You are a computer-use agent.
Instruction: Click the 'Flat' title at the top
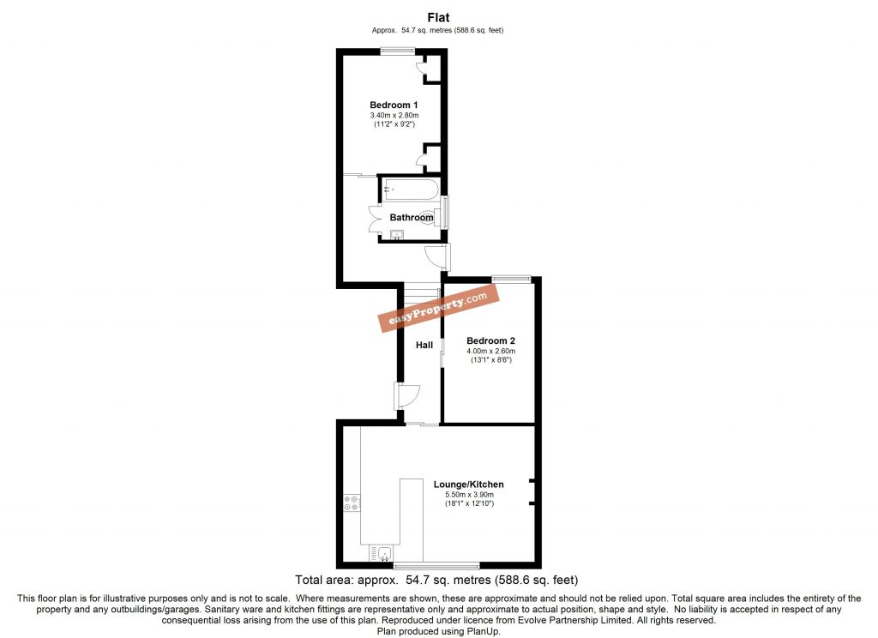pos(438,16)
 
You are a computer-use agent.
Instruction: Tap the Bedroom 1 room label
pos(394,105)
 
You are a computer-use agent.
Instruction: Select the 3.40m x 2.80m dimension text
pos(394,115)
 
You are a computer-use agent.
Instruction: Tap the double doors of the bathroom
pos(375,220)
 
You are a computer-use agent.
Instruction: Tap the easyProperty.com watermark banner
pos(439,308)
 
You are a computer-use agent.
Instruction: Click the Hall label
pos(424,345)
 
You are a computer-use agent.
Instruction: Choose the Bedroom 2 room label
pos(490,340)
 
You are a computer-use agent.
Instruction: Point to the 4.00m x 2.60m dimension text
pos(490,351)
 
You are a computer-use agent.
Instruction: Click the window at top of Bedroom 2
pos(511,277)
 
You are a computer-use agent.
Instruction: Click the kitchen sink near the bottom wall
pos(380,553)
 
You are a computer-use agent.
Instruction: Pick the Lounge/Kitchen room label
pos(468,485)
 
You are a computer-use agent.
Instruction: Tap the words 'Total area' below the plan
pos(324,580)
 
